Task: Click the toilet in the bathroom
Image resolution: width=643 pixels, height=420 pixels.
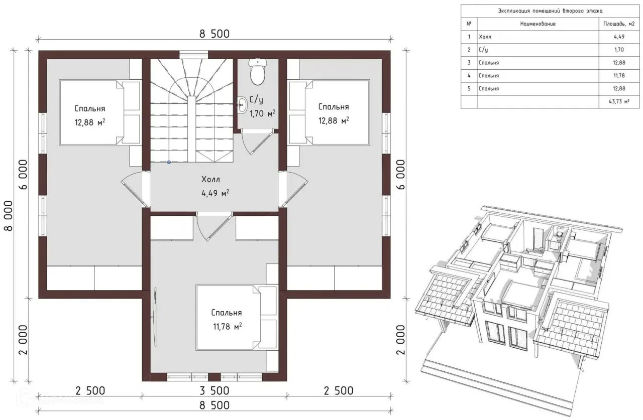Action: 258,72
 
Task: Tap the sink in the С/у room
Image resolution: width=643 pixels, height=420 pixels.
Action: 243,105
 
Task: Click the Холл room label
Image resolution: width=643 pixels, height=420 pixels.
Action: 210,180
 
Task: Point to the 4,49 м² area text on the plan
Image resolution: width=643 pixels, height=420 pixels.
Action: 216,194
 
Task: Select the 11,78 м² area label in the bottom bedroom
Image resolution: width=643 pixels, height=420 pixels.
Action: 228,327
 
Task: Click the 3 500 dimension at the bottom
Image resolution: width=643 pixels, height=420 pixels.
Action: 215,390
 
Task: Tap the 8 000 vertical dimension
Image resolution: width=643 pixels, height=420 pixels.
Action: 9,216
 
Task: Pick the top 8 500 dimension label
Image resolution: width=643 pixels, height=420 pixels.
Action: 215,34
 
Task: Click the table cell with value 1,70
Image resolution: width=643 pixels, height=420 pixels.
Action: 619,50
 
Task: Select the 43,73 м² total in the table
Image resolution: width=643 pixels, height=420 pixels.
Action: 619,101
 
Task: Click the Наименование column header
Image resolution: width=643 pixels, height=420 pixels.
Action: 538,24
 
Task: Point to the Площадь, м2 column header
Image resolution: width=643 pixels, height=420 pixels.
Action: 619,24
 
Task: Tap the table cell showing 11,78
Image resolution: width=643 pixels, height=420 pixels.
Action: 619,76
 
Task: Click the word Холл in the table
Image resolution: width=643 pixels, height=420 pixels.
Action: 485,37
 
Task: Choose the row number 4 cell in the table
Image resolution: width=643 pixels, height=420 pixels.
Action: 469,76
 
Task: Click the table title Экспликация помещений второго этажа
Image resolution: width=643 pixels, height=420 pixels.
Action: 550,11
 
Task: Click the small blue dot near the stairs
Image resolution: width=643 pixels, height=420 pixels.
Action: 169,162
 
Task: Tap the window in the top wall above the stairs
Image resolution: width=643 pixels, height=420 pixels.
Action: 194,55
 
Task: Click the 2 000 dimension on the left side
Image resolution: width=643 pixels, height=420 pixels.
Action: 23,340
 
